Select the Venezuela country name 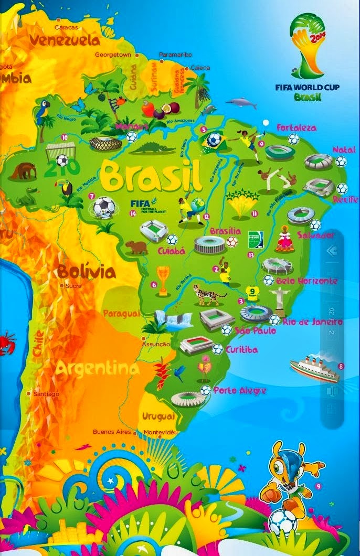click(64, 40)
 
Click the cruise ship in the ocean click(313, 368)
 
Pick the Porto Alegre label click(239, 391)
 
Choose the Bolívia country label click(86, 272)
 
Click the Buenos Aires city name click(111, 432)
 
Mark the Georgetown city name click(113, 55)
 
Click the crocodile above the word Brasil click(153, 148)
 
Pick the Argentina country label click(98, 369)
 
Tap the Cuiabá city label click(172, 251)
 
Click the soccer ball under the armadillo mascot click(283, 521)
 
